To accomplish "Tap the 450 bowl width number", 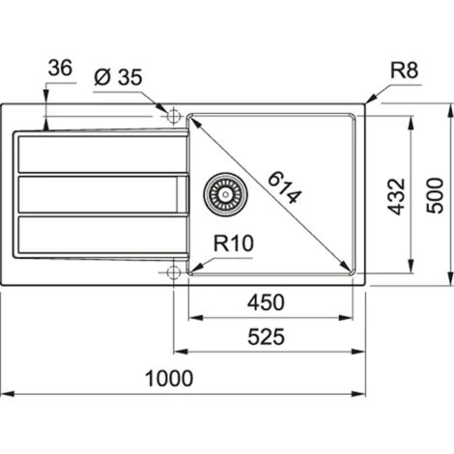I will [x=266, y=302].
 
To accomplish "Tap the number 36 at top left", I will [x=59, y=69].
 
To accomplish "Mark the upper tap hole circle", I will [x=174, y=117].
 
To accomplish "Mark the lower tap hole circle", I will [x=174, y=272].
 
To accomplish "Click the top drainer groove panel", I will [x=97, y=155].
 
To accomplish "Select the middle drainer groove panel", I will [x=97, y=193].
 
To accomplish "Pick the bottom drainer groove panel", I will [x=97, y=233].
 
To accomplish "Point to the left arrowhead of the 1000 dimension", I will [x=5, y=394].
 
